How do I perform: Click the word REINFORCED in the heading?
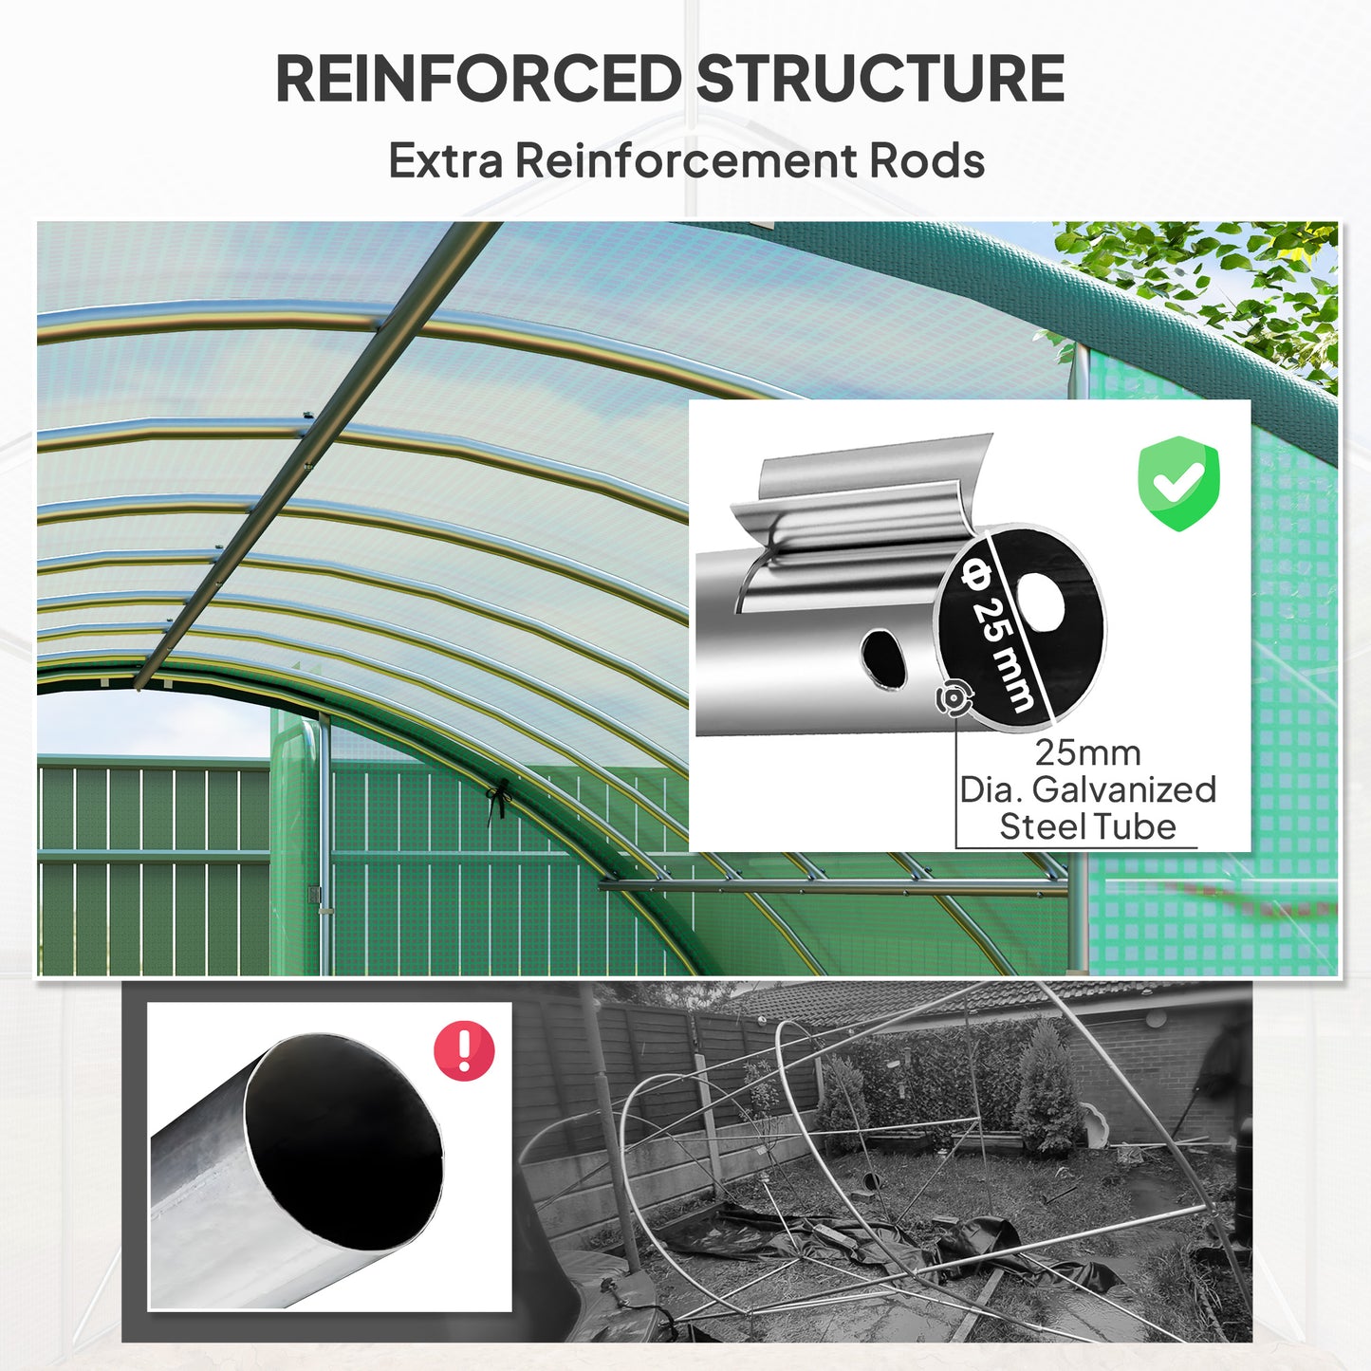pos(477,79)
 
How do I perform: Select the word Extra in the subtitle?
pos(445,160)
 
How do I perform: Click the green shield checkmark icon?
pos(1178,483)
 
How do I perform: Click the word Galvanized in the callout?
pos(1123,789)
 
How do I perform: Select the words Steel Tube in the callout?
pos(1087,826)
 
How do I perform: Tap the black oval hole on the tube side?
pos(883,657)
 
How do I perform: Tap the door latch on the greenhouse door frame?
pos(315,895)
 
